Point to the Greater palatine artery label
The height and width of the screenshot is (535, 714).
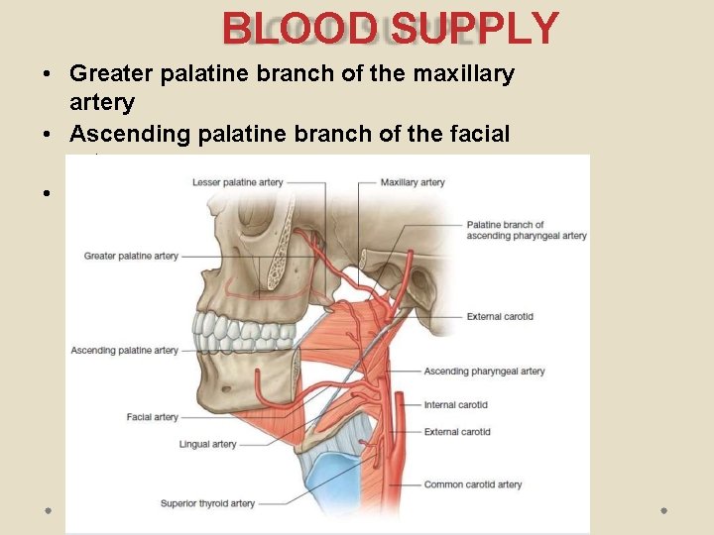[x=131, y=256]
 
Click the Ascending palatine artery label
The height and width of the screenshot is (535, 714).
[x=125, y=350]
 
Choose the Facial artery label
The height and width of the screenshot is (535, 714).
[x=153, y=417]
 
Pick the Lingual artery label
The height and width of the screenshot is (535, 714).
[x=208, y=444]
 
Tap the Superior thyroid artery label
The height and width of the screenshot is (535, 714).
[x=207, y=504]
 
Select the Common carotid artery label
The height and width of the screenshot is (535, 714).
[x=473, y=484]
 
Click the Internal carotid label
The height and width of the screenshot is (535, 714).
[x=455, y=404]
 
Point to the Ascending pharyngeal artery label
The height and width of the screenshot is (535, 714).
[x=484, y=372]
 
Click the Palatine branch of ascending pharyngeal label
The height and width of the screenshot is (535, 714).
[x=526, y=230]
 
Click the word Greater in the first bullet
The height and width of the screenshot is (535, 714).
[x=112, y=74]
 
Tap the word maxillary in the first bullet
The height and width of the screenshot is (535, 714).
[x=462, y=74]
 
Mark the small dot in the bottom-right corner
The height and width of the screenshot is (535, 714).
[x=663, y=509]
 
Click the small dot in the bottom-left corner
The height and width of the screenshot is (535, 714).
[x=47, y=509]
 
